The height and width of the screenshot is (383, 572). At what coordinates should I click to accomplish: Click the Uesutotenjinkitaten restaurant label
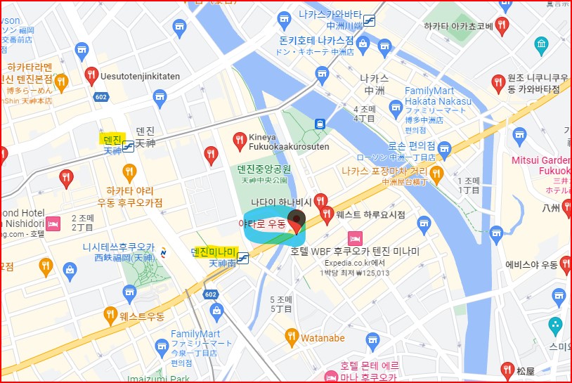point(141,75)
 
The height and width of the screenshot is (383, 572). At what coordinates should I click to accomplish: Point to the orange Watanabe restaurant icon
point(292,338)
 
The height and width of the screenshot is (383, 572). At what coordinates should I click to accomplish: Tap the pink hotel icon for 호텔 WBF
point(355,238)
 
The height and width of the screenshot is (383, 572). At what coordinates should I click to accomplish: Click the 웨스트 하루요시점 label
point(370,214)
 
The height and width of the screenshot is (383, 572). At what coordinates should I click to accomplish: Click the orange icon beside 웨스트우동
point(110,314)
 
